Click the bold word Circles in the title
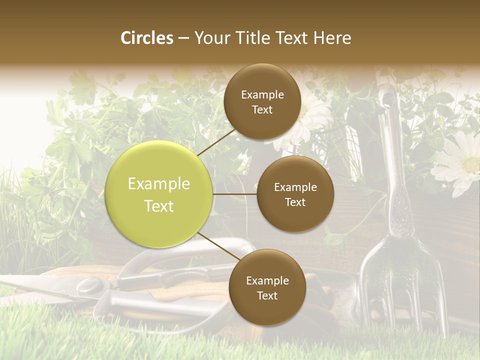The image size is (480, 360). (147, 38)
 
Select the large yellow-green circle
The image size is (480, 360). (159, 194)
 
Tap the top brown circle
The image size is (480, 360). (262, 102)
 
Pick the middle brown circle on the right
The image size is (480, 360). (295, 194)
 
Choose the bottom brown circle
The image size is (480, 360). (267, 287)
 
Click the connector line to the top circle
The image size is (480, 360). (215, 142)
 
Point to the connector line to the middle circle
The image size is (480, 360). (235, 194)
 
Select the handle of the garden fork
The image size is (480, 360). (395, 165)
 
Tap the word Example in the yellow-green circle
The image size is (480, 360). (159, 184)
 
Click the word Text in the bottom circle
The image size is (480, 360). (267, 295)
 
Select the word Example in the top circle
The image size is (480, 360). (262, 94)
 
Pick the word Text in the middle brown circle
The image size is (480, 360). (295, 202)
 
